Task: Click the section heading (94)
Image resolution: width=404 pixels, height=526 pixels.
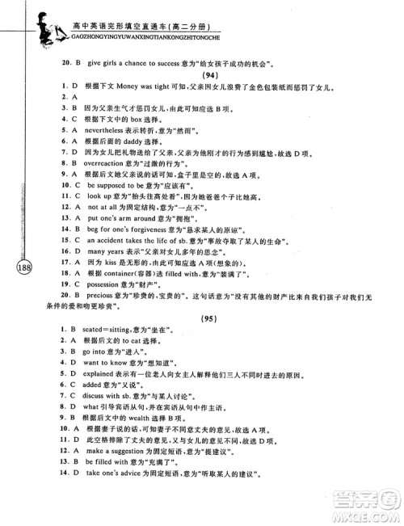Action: tap(209, 74)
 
